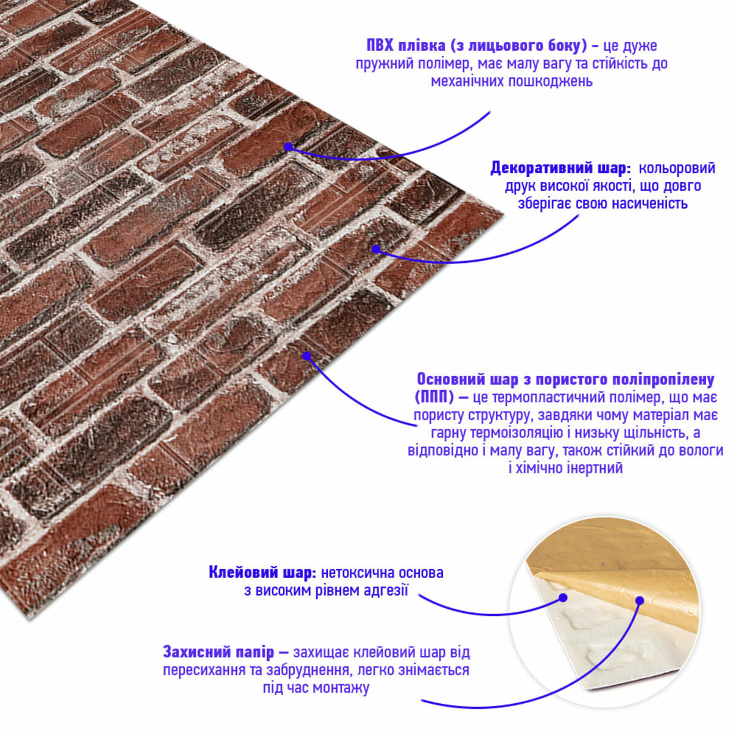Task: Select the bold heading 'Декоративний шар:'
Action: [561, 168]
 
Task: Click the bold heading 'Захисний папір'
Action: [219, 652]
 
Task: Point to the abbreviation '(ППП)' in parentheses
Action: [434, 398]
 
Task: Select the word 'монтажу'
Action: [341, 688]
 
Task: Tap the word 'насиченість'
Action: [649, 204]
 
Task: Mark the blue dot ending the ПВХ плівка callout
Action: [289, 147]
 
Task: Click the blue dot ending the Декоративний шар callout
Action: [376, 249]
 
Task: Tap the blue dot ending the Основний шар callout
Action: [306, 356]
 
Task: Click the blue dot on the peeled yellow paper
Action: [640, 601]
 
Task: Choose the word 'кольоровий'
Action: [677, 168]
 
